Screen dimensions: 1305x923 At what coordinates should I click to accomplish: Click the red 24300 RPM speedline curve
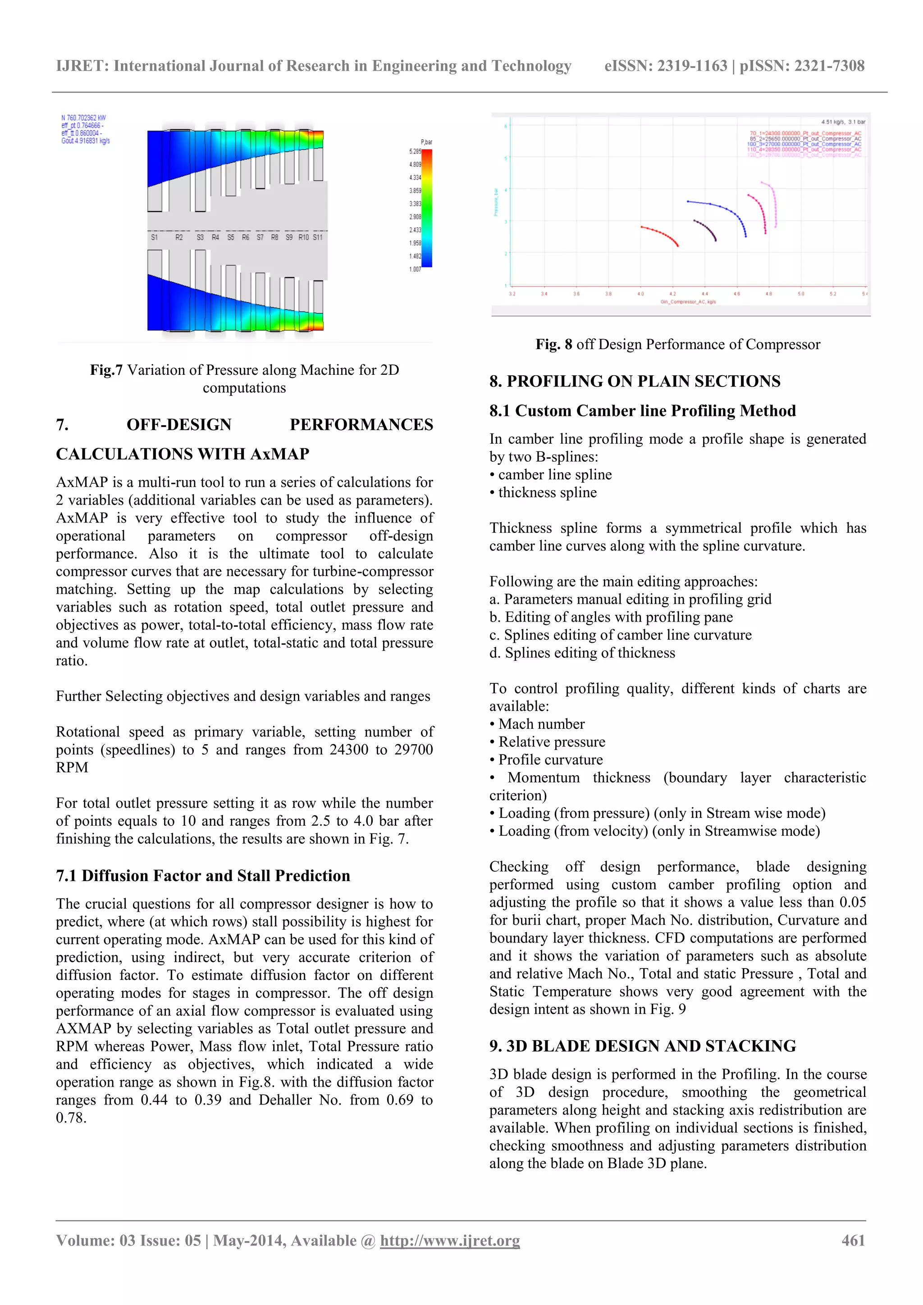point(660,233)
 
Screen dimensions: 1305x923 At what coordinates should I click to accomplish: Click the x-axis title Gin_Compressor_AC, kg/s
point(688,302)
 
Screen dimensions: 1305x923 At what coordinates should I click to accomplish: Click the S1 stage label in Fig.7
point(154,237)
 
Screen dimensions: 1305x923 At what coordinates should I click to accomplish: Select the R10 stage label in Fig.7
point(304,237)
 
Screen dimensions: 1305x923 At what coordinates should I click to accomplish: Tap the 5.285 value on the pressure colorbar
point(415,152)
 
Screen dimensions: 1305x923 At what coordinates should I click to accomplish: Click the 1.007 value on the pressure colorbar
point(415,269)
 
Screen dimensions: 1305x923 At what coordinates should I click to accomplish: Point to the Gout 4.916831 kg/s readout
point(85,141)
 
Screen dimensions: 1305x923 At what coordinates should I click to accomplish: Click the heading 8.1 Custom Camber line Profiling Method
point(642,411)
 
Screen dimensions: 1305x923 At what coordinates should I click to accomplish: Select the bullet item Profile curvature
point(550,760)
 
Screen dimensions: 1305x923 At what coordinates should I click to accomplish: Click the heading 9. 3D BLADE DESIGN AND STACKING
point(642,1046)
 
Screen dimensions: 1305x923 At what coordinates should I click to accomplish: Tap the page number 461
point(853,1241)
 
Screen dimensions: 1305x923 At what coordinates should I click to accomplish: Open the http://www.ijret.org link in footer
point(450,1241)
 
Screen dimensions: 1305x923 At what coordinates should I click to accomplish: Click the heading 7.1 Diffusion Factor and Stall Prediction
point(202,876)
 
